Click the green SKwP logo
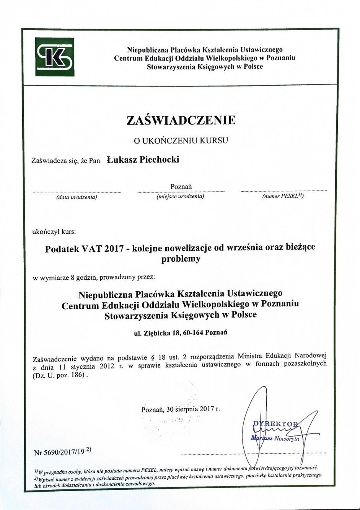pyautogui.click(x=54, y=57)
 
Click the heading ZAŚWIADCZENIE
pyautogui.click(x=181, y=120)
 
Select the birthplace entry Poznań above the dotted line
pyautogui.click(x=181, y=186)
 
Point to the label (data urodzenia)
pyautogui.click(x=77, y=197)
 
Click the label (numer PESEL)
pyautogui.click(x=283, y=196)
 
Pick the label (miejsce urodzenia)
pyautogui.click(x=180, y=197)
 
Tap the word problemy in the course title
pyautogui.click(x=181, y=259)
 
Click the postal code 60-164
pyautogui.click(x=193, y=332)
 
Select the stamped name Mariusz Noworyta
pyautogui.click(x=276, y=438)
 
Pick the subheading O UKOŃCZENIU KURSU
pyautogui.click(x=181, y=140)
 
